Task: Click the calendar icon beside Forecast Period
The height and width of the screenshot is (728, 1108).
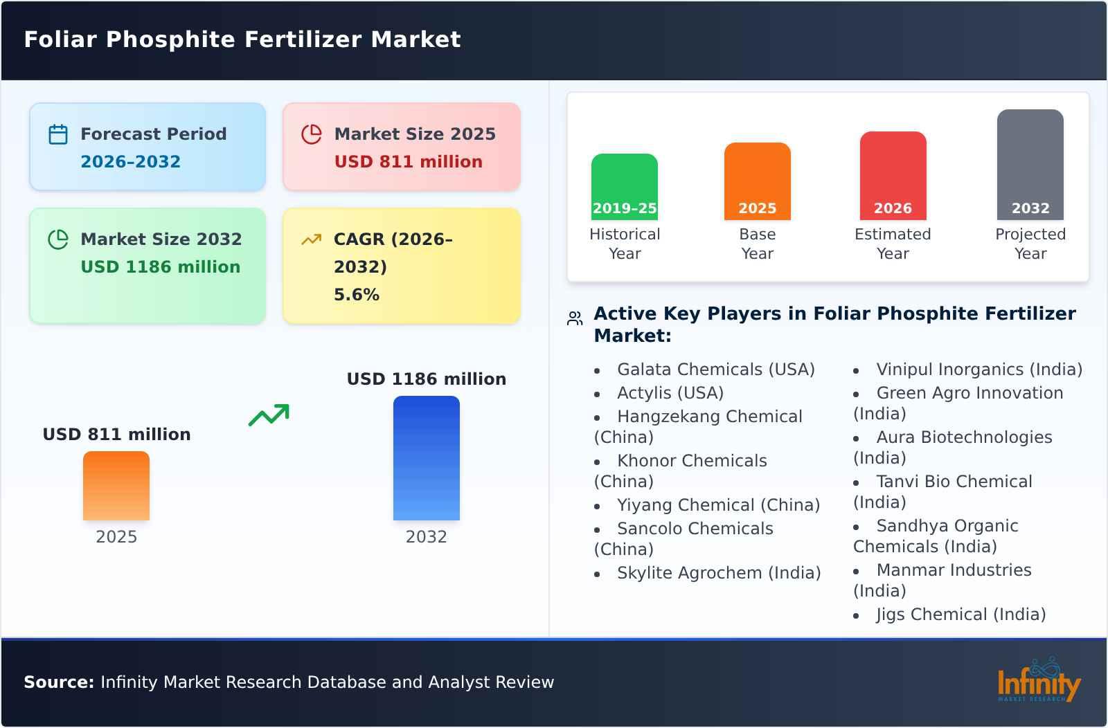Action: coord(58,134)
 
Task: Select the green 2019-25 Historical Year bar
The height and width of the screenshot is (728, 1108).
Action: coord(624,186)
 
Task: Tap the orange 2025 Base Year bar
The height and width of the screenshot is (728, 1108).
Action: coord(757,181)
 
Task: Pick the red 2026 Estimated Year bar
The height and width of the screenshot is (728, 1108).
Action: coord(893,175)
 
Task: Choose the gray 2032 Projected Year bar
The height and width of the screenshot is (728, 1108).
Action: coord(1030,164)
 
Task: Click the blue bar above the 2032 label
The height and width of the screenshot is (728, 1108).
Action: coord(426,457)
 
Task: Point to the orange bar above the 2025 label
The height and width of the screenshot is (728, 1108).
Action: coord(116,485)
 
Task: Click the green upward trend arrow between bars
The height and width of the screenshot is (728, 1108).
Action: coord(269,415)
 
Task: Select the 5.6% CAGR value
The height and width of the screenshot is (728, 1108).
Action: coord(356,295)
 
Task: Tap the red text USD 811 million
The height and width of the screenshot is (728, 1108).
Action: coord(408,162)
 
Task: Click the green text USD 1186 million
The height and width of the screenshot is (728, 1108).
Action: coord(160,267)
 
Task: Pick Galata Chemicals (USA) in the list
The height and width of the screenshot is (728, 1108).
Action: coord(715,370)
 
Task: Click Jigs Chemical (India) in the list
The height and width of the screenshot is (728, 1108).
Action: coord(960,615)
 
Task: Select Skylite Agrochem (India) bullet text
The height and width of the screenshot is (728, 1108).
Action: coord(718,573)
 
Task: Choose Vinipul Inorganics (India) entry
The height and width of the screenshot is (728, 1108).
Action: coord(979,370)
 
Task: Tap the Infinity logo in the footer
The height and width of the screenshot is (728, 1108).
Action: coord(1038,682)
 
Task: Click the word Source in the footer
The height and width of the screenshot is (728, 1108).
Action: coord(58,682)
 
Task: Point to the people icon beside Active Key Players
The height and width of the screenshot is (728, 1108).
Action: coord(575,319)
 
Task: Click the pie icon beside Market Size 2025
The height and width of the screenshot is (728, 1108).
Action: coord(312,134)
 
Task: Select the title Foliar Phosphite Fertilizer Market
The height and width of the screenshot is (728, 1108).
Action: coord(242,39)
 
